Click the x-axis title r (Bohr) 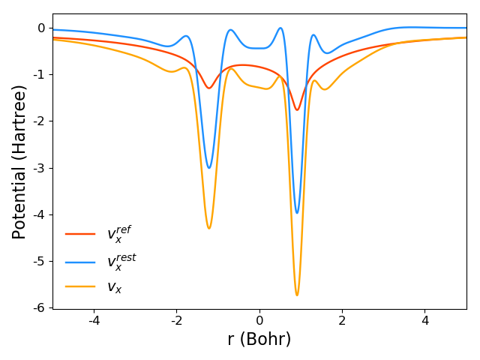(259, 340)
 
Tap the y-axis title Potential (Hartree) (19, 161)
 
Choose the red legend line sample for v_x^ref (80, 234)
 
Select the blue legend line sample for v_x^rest (80, 262)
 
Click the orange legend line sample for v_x (80, 286)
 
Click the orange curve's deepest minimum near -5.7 (297, 295)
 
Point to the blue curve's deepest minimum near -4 (297, 212)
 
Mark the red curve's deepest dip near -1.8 (297, 110)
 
